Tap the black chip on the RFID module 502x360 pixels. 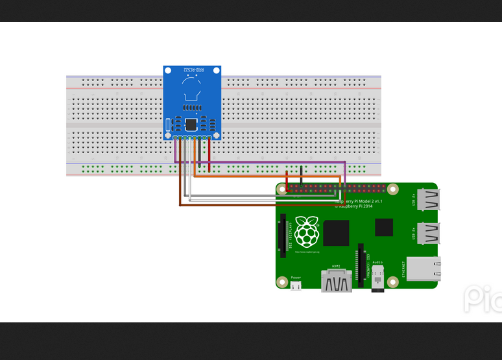[x=191, y=124]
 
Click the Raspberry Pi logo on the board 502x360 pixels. [x=307, y=232]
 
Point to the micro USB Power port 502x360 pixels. [x=296, y=285]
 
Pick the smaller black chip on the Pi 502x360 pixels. [x=384, y=227]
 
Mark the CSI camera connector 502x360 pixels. [x=361, y=266]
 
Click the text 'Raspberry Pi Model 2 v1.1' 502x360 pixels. [x=359, y=201]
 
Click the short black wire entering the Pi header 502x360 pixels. [x=302, y=176]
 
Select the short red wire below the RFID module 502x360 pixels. [x=209, y=156]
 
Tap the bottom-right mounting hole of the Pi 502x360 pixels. [x=429, y=283]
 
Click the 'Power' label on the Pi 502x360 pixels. [x=296, y=277]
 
